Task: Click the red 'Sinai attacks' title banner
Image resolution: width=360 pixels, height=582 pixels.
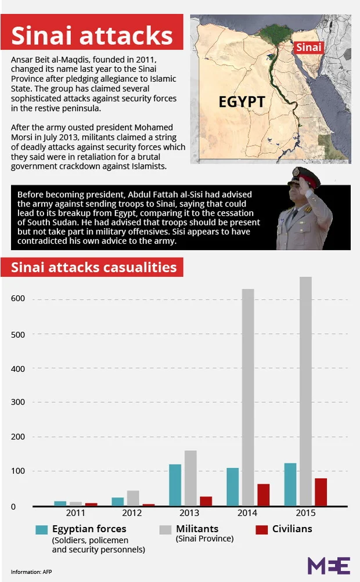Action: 92,35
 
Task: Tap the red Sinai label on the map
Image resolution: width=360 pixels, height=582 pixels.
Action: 308,47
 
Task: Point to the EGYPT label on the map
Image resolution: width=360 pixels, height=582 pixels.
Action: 242,102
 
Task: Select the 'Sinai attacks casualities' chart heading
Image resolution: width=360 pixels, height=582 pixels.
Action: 93,267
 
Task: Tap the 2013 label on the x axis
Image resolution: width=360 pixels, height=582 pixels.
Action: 189,514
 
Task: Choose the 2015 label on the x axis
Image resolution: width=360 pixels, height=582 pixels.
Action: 305,514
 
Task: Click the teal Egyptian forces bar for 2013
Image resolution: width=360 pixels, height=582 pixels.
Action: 175,485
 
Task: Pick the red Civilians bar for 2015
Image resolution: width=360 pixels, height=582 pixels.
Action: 321,491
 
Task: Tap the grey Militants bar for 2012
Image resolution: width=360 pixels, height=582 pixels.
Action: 133,498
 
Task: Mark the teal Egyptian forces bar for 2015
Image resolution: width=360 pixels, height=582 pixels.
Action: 290,484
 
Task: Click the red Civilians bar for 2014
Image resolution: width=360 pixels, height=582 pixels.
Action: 263,494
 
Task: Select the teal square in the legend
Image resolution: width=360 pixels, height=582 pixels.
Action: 41,529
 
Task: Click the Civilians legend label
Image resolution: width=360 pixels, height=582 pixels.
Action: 292,529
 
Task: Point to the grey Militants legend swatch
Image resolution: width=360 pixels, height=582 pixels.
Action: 165,529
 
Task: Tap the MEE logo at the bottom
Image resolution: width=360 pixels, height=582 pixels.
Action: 329,565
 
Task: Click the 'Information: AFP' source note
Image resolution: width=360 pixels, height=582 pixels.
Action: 31,572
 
